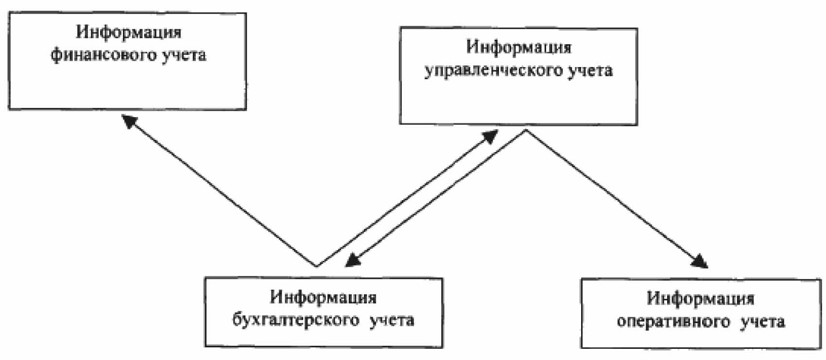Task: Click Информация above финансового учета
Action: (x=129, y=32)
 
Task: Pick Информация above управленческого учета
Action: (x=518, y=48)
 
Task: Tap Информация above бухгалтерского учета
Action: (x=324, y=296)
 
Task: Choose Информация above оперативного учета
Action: (x=701, y=298)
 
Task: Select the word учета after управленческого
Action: (x=589, y=71)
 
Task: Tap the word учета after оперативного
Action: (x=762, y=322)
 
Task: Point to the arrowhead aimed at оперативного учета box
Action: (x=700, y=261)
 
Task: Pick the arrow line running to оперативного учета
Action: (x=612, y=197)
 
